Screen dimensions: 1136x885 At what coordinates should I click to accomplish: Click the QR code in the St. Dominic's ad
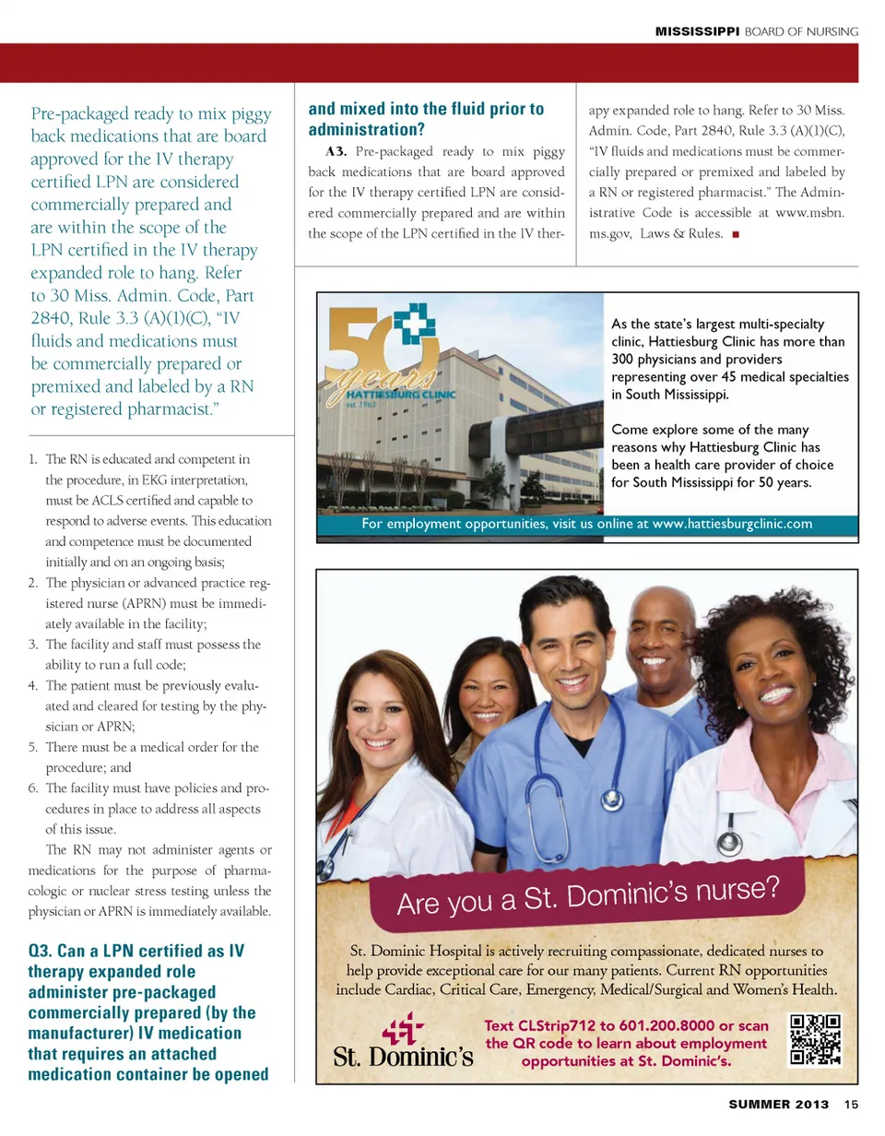(816, 1041)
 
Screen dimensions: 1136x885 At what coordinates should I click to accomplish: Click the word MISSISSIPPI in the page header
(697, 31)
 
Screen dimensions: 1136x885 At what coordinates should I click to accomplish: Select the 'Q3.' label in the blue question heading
(44, 952)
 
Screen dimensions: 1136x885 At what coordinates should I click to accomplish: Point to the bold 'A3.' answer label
(335, 151)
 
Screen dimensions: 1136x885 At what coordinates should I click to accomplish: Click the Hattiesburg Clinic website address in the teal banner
(732, 525)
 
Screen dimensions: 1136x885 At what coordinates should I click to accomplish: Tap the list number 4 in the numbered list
(33, 686)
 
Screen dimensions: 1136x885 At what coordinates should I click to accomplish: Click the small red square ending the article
(735, 233)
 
